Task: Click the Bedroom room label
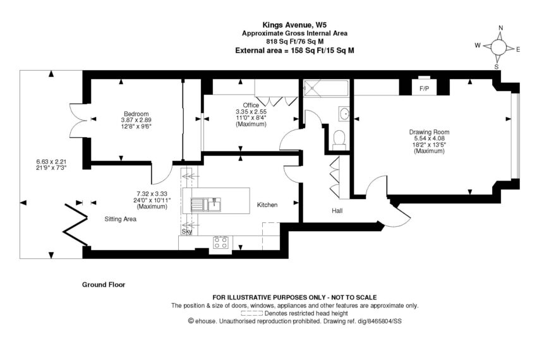click(x=136, y=114)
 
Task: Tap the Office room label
click(x=251, y=105)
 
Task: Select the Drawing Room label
click(x=429, y=132)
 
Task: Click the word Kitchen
click(x=267, y=205)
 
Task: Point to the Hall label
click(x=337, y=211)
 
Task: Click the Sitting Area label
click(x=120, y=219)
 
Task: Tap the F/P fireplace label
click(x=424, y=88)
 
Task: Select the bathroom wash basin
click(x=344, y=114)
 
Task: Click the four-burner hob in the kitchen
click(x=221, y=243)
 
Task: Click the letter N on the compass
click(x=501, y=28)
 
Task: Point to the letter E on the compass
click(x=518, y=50)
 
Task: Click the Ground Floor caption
click(x=104, y=285)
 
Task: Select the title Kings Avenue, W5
click(x=294, y=25)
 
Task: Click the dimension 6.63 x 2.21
click(x=51, y=161)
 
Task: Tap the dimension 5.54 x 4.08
click(x=429, y=138)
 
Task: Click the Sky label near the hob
click(x=186, y=232)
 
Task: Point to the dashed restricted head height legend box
click(x=251, y=313)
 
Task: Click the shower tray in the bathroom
click(x=326, y=88)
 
